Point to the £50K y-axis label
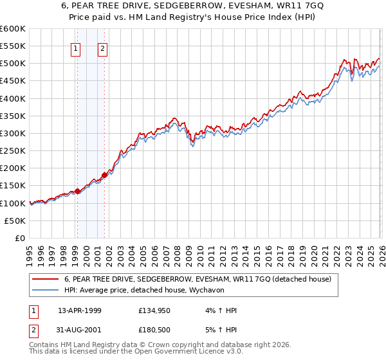click(x=14, y=221)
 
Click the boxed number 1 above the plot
click(x=76, y=48)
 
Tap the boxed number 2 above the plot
click(x=102, y=48)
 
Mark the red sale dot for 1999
click(x=78, y=191)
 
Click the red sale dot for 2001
click(x=104, y=175)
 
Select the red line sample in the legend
click(x=45, y=279)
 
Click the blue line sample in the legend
click(x=45, y=290)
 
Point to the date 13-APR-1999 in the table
click(x=79, y=310)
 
